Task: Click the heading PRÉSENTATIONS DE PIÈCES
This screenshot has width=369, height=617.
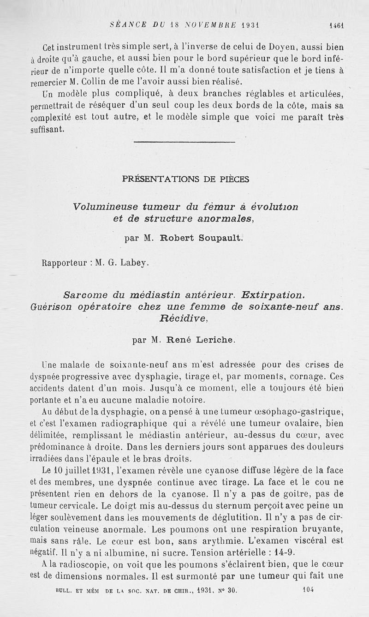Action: tap(185, 180)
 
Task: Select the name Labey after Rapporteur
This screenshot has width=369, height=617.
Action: tap(135, 263)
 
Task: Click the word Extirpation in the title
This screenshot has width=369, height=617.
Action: tap(273, 294)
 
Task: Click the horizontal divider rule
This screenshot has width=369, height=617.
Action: tap(184, 142)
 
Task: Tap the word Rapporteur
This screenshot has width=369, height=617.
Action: tap(64, 263)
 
